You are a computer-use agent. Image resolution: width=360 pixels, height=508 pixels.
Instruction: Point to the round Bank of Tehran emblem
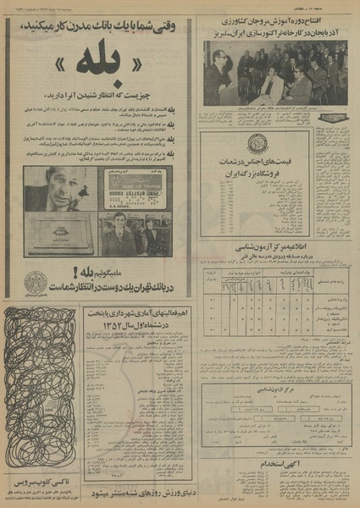[x=36, y=282]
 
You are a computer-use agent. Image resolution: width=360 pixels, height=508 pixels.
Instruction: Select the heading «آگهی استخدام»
[x=275, y=461]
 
